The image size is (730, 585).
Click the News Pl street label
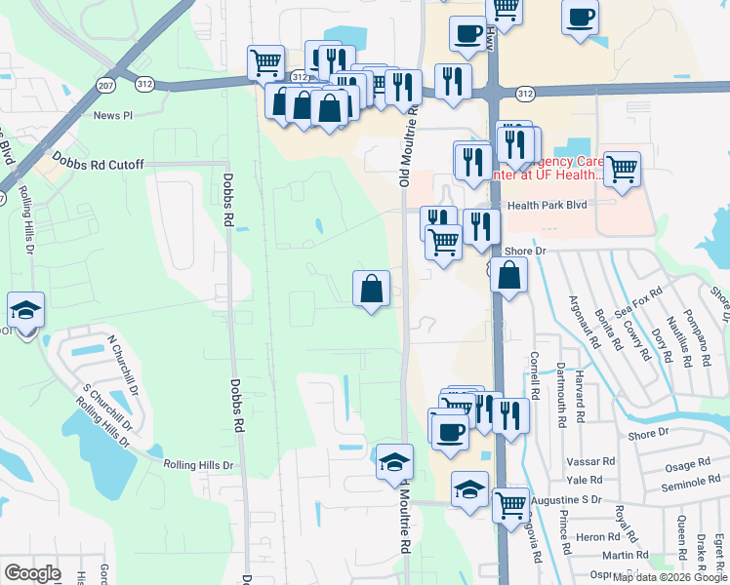click(x=113, y=115)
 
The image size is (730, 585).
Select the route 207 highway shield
click(x=104, y=86)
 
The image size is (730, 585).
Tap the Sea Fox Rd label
click(x=646, y=309)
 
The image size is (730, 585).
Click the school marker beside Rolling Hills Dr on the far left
click(x=26, y=311)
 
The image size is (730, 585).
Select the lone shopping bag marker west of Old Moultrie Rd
click(x=371, y=289)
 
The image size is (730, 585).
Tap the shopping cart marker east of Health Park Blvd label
click(x=622, y=170)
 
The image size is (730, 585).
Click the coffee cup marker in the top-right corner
click(x=581, y=17)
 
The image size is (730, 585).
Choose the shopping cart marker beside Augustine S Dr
click(x=511, y=505)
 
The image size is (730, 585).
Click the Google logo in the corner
click(x=32, y=573)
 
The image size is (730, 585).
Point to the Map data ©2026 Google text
click(x=670, y=577)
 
